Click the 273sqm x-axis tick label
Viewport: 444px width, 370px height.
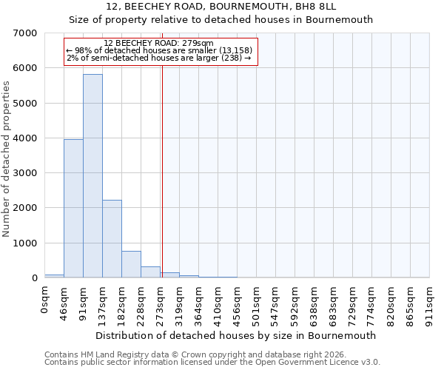coord(161,303)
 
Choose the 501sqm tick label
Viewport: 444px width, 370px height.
coord(257,303)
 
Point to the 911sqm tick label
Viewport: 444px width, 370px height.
coord(430,303)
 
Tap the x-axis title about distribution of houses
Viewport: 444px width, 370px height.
coord(237,335)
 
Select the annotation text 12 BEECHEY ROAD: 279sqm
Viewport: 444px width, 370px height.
coord(159,44)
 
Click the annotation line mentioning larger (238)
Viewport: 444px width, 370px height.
coord(159,58)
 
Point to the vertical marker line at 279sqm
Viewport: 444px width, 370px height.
coord(162,163)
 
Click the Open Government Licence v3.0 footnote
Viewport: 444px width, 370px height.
coord(212,363)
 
